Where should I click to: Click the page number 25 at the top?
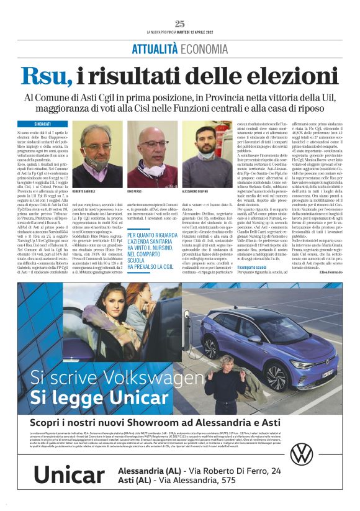pos(180,24)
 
